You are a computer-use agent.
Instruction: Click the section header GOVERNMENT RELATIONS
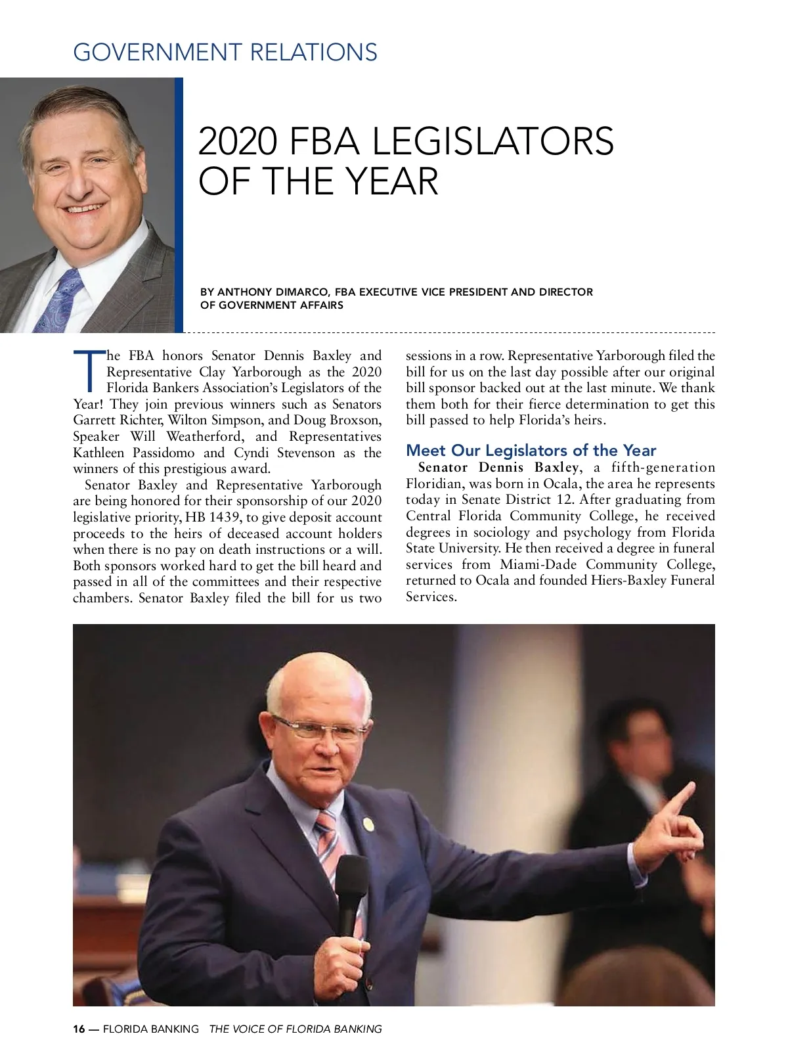tap(225, 53)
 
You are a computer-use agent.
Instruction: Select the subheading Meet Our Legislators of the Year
tap(531, 451)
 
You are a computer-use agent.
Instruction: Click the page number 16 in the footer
tap(79, 1029)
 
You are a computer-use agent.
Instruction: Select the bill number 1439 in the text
tap(225, 518)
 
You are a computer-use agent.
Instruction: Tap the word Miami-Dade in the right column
tap(538, 565)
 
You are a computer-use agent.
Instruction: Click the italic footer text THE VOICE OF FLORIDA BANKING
tap(295, 1029)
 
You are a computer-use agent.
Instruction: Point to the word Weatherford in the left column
tap(204, 437)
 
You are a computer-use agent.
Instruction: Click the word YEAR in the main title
tap(392, 181)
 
